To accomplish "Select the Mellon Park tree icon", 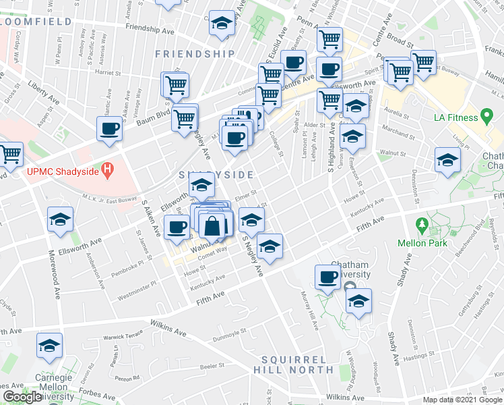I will pyautogui.click(x=422, y=223).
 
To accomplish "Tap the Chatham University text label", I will pyautogui.click(x=350, y=269).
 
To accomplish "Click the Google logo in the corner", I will pyautogui.click(x=22, y=397).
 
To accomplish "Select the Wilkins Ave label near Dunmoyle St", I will pyautogui.click(x=168, y=329).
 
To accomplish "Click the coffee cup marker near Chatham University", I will pyautogui.click(x=328, y=276).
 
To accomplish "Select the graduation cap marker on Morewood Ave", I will pyautogui.click(x=60, y=219).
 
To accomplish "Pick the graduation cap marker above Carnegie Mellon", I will pyautogui.click(x=49, y=345).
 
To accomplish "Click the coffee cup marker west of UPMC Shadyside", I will pyautogui.click(x=109, y=128).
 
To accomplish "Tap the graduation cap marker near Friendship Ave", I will pyautogui.click(x=220, y=23).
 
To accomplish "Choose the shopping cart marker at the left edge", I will pyautogui.click(x=9, y=154).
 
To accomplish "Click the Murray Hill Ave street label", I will pyautogui.click(x=313, y=307).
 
